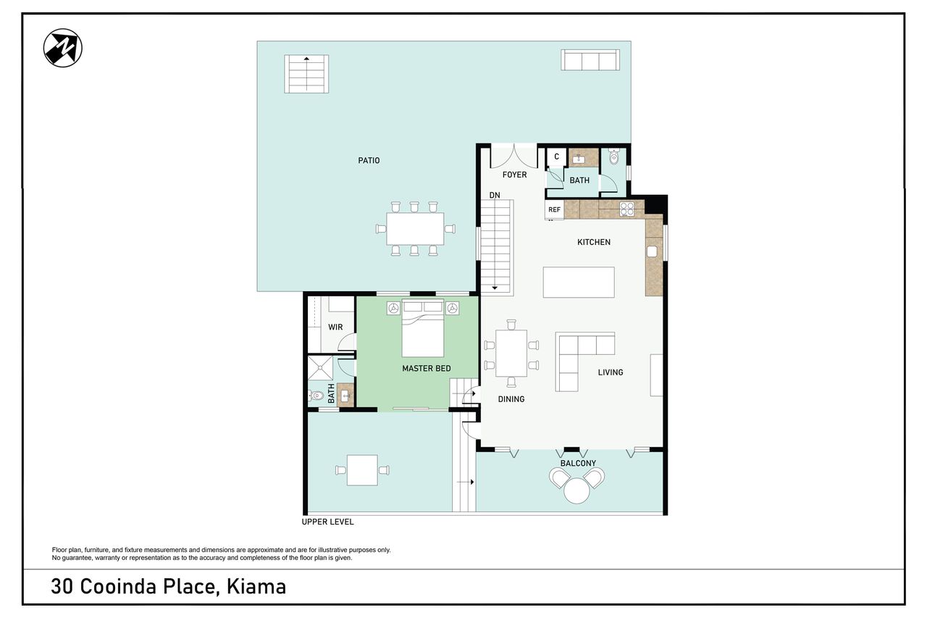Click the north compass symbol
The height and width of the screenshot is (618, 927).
coord(63,48)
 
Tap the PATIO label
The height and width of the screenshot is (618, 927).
coord(369,160)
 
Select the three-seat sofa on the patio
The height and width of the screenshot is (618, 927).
coord(590,60)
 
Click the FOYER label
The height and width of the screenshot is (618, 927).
coord(514,175)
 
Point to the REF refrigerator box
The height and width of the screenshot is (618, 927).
coord(555,209)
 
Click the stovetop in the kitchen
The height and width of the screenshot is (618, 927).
coord(627,209)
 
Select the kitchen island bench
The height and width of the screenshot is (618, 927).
coord(579,283)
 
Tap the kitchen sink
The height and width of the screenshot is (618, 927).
coord(653,251)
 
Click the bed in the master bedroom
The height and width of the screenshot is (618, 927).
coord(422,329)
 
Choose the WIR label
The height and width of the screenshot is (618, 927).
coord(335,327)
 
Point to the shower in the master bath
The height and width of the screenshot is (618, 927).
coord(320,368)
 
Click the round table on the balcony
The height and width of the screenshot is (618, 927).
coord(576,490)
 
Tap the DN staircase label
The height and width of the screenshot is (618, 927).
coord(495,195)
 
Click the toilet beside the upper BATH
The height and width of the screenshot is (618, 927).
coord(614,156)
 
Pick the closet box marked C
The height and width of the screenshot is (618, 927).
coord(557,157)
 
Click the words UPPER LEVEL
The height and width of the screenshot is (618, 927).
coord(327,522)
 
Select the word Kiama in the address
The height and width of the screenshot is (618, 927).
coord(256,587)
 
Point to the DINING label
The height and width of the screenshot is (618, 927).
coord(511,399)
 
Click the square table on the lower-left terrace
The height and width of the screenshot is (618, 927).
coord(362,470)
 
